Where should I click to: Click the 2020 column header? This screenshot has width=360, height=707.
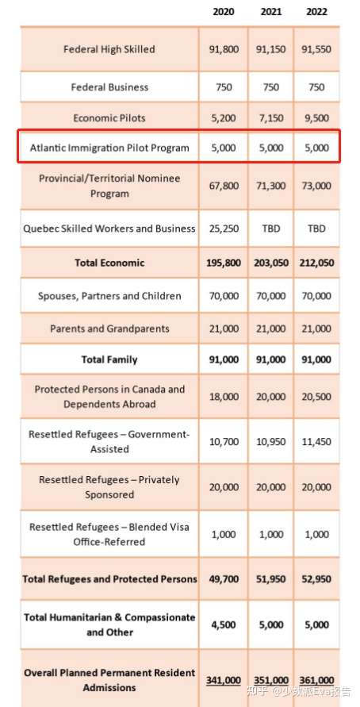224,12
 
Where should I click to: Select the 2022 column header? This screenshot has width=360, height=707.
316,12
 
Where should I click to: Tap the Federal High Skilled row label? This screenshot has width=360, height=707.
109,49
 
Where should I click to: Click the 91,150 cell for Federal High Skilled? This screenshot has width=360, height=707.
270,49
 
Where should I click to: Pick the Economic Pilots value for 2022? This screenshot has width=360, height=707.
316,118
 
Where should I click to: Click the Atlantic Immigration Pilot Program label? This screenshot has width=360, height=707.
109,148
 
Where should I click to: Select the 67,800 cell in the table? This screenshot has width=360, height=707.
224,186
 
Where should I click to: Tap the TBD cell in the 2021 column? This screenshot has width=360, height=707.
270,229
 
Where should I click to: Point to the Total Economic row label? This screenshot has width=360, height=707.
109,263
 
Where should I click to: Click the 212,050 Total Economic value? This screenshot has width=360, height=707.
316,263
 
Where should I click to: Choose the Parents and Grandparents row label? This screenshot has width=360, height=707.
109,329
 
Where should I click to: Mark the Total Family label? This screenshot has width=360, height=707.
109,359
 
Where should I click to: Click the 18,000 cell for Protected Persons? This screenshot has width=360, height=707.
224,397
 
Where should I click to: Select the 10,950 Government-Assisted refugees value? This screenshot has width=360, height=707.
270,442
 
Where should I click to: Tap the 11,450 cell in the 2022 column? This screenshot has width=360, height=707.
316,442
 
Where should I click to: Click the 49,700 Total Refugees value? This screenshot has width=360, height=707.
224,579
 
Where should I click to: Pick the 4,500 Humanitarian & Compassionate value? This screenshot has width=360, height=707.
224,625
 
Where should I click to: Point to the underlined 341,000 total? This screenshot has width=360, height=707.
224,680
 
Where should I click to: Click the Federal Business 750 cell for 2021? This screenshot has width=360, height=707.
270,87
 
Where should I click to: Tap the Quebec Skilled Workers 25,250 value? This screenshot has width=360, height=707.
224,229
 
